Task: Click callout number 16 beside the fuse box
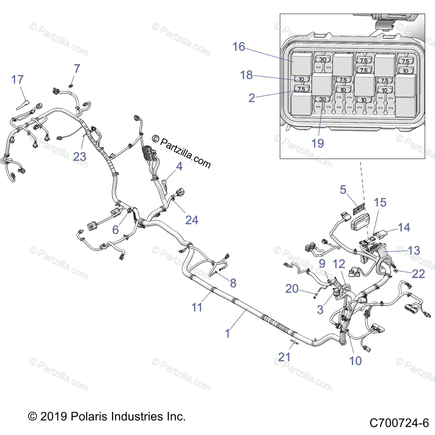[x=239, y=47]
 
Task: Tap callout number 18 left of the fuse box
[x=246, y=75]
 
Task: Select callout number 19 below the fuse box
[x=318, y=143]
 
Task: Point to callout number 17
[x=17, y=79]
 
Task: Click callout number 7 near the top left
[x=77, y=69]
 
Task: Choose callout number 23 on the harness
[x=80, y=157]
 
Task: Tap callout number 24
[x=192, y=220]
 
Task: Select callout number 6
[x=115, y=229]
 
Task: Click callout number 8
[x=233, y=283]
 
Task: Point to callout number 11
[x=197, y=307]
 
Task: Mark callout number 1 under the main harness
[x=228, y=333]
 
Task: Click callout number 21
[x=285, y=357]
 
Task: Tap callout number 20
[x=292, y=289]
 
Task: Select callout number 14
[x=404, y=228]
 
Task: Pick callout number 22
[x=418, y=273]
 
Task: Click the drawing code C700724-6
[x=399, y=423]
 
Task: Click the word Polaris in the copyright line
[x=88, y=416]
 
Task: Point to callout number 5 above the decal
[x=343, y=190]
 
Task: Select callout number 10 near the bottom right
[x=355, y=361]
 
